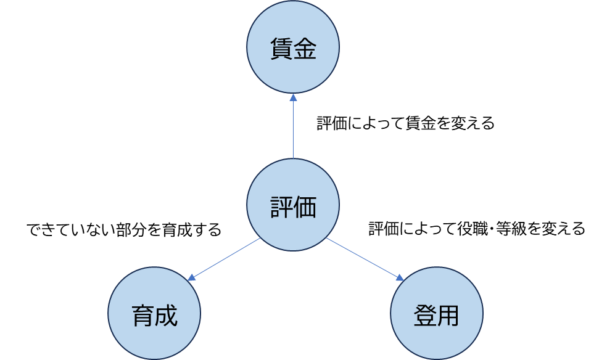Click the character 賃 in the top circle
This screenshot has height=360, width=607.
click(281, 50)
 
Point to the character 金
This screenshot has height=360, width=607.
click(305, 50)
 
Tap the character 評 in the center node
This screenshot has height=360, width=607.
click(281, 208)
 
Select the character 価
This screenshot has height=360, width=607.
click(305, 208)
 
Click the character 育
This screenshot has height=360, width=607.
click(142, 316)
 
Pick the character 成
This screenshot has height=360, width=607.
click(166, 316)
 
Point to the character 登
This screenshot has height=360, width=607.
click(425, 316)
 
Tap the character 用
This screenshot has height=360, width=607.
click(448, 316)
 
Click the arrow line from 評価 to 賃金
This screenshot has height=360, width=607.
click(293, 129)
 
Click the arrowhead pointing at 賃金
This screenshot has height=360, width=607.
click(293, 97)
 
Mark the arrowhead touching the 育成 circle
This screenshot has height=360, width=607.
click(192, 278)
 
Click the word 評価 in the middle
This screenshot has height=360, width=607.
click(293, 208)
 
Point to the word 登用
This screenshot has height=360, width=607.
click(437, 316)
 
